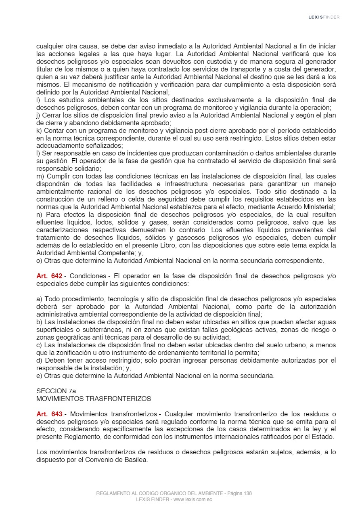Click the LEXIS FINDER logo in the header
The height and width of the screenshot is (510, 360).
(x=324, y=17)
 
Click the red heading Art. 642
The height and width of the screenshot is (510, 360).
(x=49, y=276)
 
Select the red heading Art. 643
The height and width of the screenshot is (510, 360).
(x=49, y=414)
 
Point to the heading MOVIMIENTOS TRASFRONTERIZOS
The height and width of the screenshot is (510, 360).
(x=94, y=399)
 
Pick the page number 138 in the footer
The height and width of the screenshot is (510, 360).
(x=247, y=493)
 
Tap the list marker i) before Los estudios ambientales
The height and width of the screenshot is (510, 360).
(x=38, y=100)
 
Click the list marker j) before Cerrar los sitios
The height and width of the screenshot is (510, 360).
(x=38, y=115)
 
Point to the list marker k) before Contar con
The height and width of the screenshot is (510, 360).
(x=39, y=130)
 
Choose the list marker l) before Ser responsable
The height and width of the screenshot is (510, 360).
(x=38, y=153)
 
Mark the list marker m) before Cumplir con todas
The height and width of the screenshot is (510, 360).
(x=40, y=176)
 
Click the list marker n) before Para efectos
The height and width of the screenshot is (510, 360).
(x=39, y=215)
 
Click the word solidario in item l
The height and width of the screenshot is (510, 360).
(x=87, y=169)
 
